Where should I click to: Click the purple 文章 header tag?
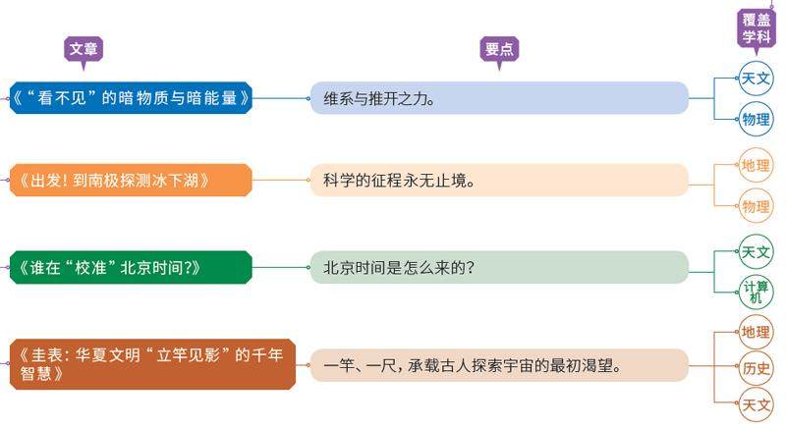[x=84, y=49]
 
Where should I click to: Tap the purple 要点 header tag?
[x=499, y=49]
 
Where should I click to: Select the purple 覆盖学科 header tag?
[x=756, y=28]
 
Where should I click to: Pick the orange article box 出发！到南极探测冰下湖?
[x=132, y=181]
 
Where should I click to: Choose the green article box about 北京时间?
[x=132, y=267]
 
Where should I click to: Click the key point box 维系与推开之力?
[x=499, y=98]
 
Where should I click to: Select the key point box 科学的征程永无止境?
[x=499, y=181]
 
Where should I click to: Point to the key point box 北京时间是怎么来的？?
[x=499, y=267]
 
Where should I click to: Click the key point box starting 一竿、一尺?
[x=499, y=366]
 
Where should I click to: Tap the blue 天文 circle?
[x=757, y=78]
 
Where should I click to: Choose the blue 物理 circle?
[x=757, y=120]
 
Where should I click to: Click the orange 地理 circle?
[x=757, y=164]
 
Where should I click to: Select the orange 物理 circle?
[x=757, y=206]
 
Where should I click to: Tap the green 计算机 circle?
[x=757, y=292]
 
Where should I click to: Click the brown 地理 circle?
[x=757, y=332]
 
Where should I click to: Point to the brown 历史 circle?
[x=757, y=368]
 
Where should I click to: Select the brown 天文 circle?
[x=757, y=403]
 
